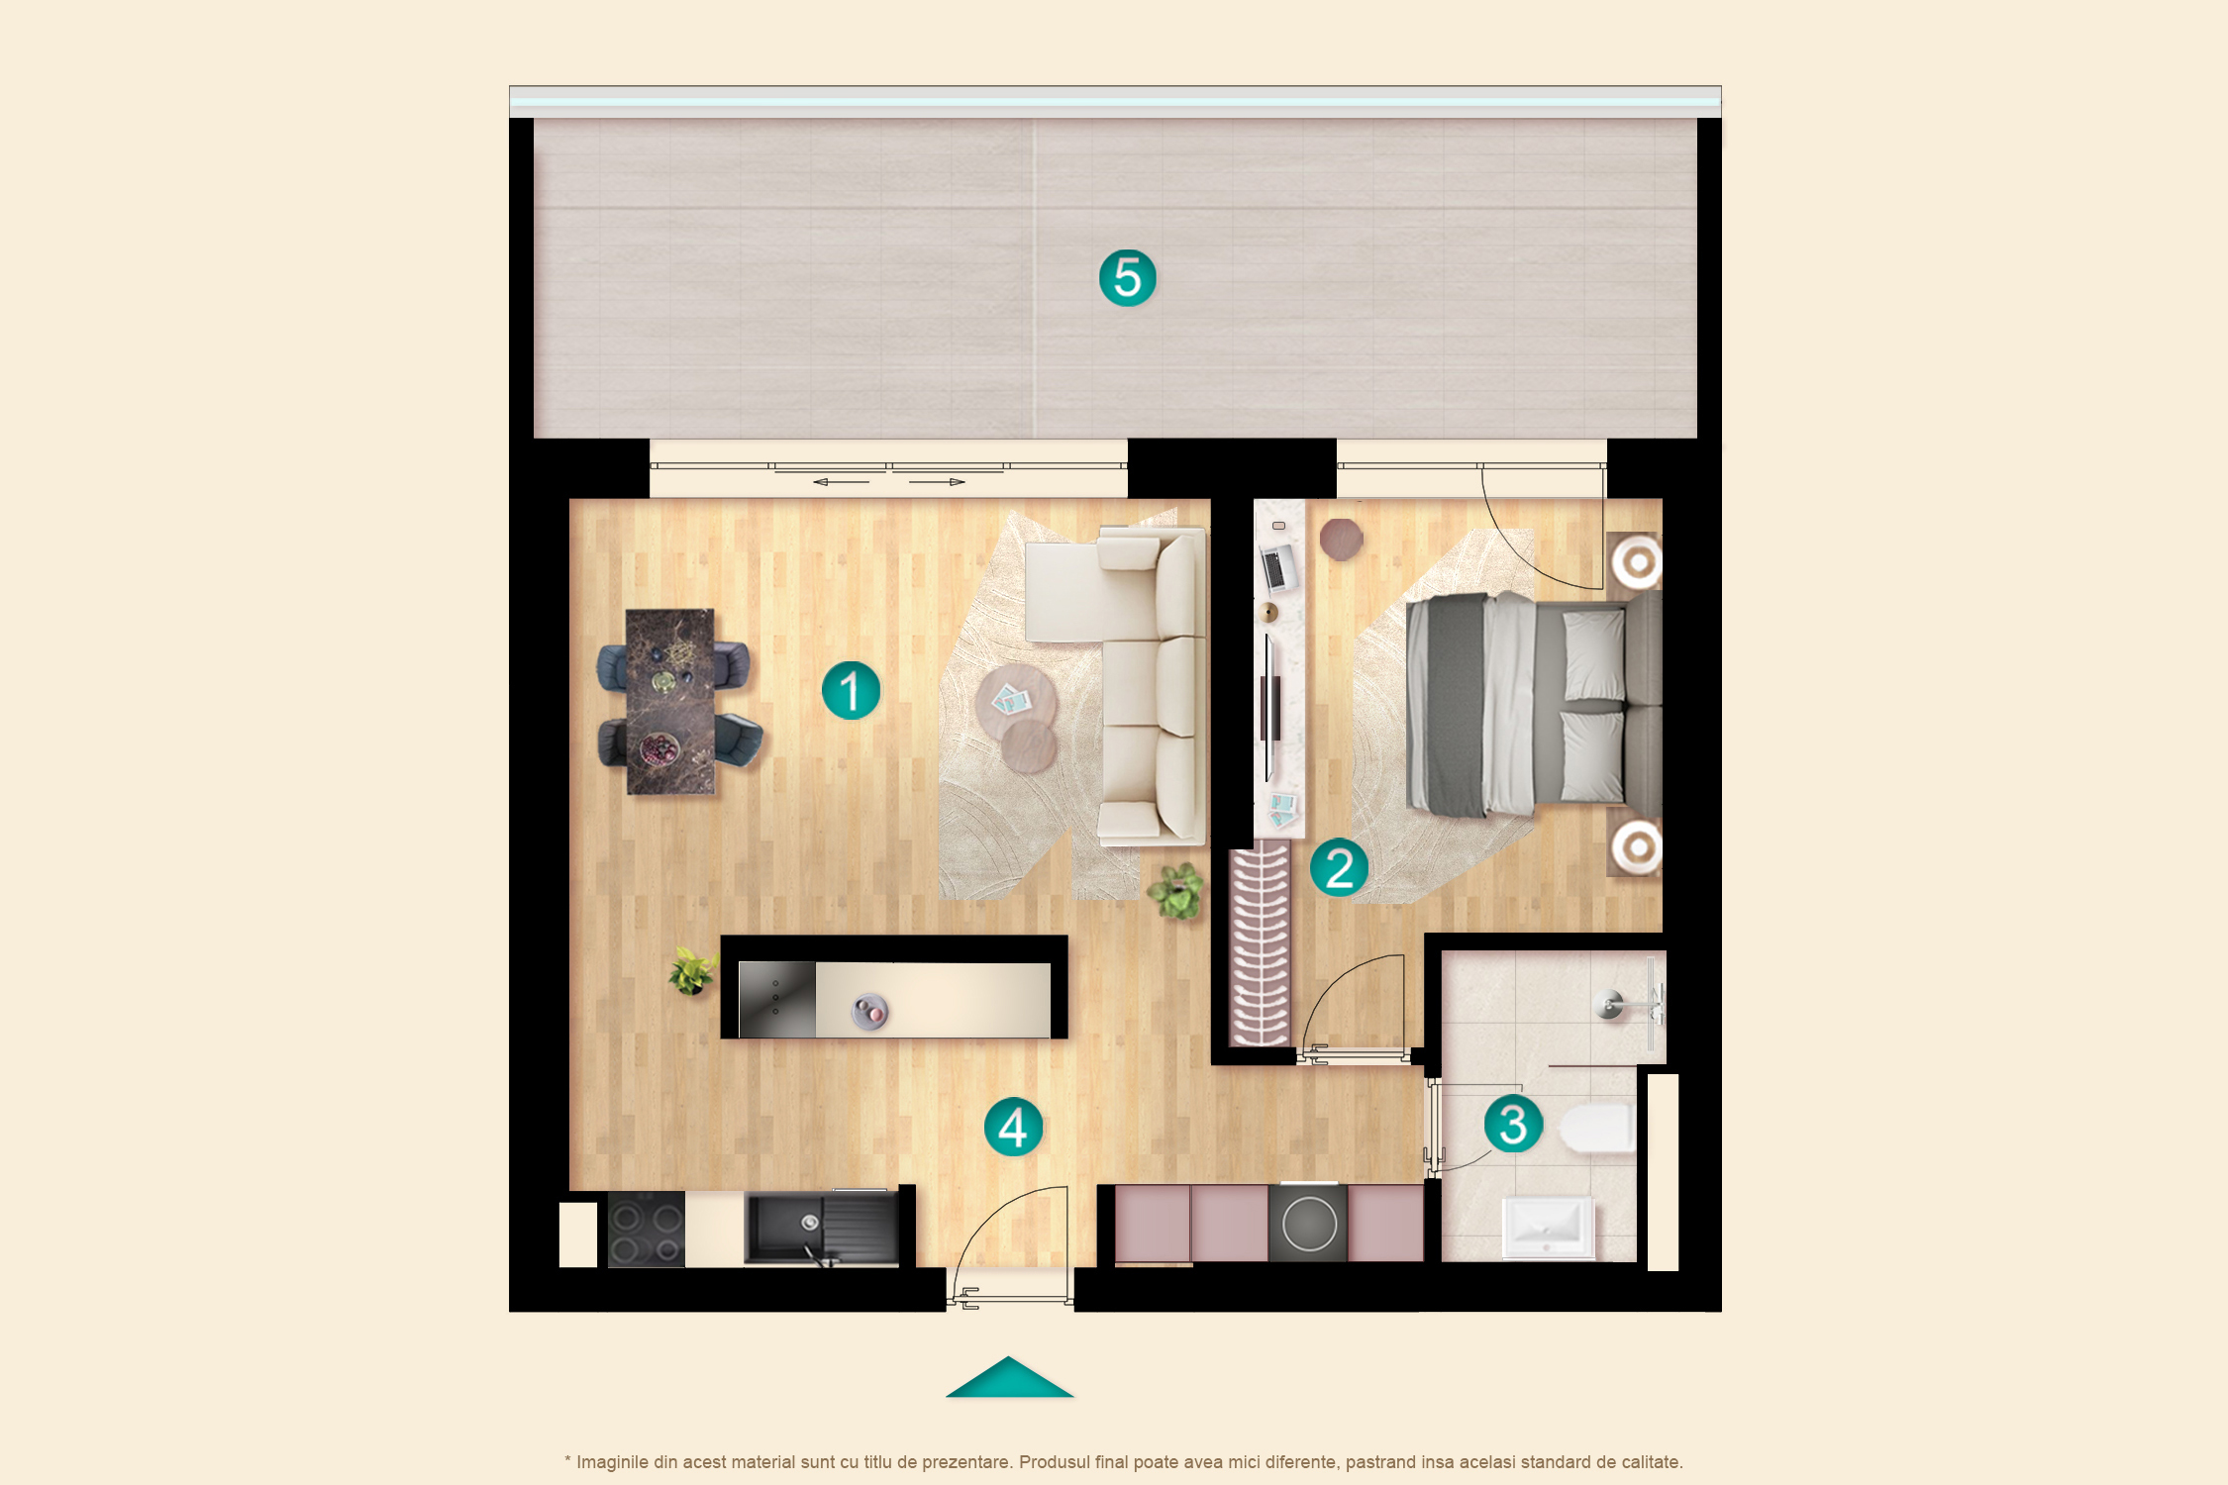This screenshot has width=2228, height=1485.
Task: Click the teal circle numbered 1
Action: pos(851,690)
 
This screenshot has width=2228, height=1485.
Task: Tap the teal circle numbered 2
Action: pos(1339,867)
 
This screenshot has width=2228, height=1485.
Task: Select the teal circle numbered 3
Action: pos(1513,1124)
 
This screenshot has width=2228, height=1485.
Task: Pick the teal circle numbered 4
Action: pos(1013,1127)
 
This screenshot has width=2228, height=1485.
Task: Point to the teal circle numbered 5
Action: pos(1128,277)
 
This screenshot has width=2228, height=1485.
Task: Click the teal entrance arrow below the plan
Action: pos(1009,1377)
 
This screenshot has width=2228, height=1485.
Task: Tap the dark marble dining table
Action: pos(669,701)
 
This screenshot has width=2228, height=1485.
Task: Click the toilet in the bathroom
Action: pos(1597,1129)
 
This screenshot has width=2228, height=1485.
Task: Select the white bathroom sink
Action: pos(1548,1228)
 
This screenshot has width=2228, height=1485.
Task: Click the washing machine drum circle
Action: pos(1309,1225)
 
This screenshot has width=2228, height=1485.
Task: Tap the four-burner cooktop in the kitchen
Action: pos(646,1230)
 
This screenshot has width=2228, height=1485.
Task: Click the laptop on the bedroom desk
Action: pos(1277,567)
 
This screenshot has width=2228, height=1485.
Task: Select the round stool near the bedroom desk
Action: pos(1341,540)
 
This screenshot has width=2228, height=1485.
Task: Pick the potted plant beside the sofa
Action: pos(1177,890)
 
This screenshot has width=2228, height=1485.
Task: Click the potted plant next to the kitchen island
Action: pos(692,970)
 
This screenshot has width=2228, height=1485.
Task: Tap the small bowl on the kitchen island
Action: pos(869,1012)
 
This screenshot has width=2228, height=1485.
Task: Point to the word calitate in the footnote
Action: pos(1650,1462)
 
